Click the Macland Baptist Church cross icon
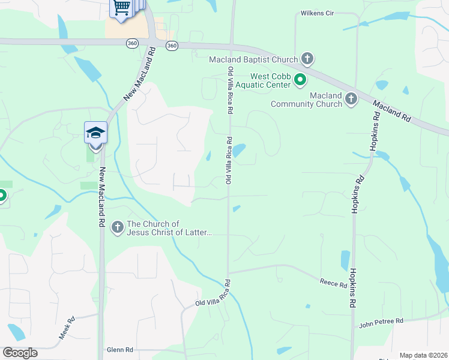[x=307, y=59]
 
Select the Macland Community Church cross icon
[x=351, y=98]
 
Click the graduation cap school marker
[x=95, y=132]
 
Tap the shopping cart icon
[x=122, y=8]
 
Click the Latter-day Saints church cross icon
[x=117, y=227]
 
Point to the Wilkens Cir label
[x=317, y=13]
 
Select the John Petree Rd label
[x=381, y=323]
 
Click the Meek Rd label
[x=66, y=328]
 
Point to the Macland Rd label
[x=391, y=111]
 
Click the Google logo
[x=20, y=352]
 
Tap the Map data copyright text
[x=423, y=355]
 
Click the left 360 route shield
[x=133, y=44]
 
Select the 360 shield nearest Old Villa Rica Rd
[x=172, y=46]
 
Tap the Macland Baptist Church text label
[x=253, y=59]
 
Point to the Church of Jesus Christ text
[x=169, y=228]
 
